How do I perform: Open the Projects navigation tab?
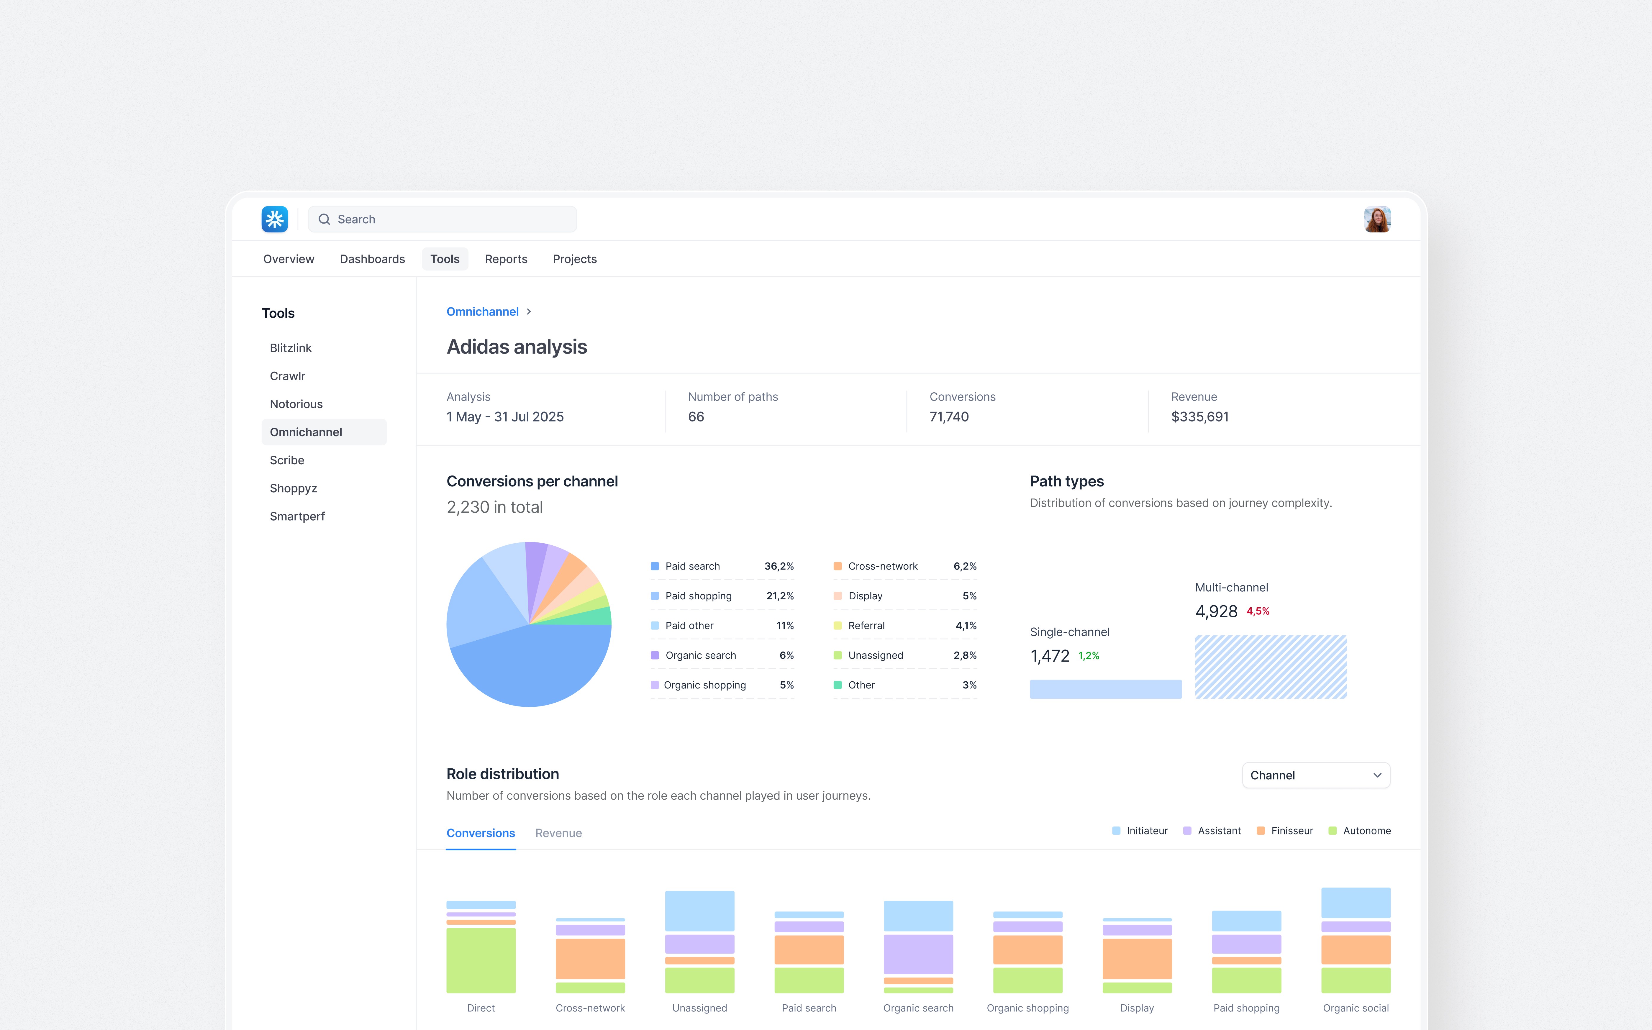pos(574,259)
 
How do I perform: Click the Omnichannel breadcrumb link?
pos(482,311)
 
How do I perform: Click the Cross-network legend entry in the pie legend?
pos(882,566)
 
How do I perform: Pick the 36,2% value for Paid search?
pos(779,566)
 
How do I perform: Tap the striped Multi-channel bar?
pos(1271,667)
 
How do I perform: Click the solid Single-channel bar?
pos(1105,689)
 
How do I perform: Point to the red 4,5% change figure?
pos(1258,611)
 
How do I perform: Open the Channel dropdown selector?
pos(1315,775)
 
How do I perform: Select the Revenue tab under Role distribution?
pos(558,833)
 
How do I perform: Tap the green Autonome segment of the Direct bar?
pos(481,960)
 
